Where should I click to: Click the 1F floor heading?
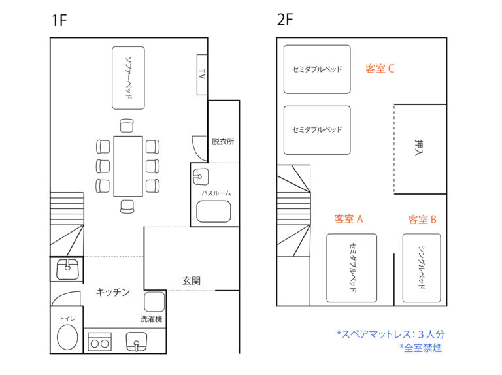(59, 20)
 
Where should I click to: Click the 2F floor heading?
(285, 20)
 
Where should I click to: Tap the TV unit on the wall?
(202, 74)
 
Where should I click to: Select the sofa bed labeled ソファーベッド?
(128, 78)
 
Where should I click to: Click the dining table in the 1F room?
(128, 166)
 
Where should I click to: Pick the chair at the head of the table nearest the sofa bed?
(127, 125)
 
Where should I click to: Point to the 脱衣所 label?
(223, 141)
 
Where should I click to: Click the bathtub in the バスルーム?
(214, 211)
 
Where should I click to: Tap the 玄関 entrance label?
(192, 281)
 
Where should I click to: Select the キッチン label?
(113, 292)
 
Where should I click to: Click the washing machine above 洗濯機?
(154, 301)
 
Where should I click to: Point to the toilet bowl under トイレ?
(67, 337)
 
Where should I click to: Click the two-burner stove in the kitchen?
(99, 342)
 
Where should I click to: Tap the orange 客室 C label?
(380, 69)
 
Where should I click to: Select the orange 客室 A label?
(348, 219)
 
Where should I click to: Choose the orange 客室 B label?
(422, 220)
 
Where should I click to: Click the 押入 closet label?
(419, 148)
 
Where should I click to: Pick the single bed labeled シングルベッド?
(422, 268)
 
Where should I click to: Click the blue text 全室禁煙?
(421, 348)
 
